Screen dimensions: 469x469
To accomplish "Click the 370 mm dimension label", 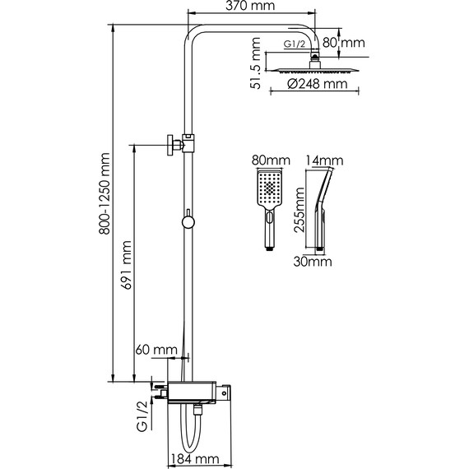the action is click(x=250, y=6).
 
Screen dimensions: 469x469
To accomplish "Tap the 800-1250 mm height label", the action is click(x=104, y=193).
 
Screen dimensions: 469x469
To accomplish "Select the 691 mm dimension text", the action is click(x=126, y=265).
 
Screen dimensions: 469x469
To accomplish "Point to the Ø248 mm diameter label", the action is click(x=318, y=84).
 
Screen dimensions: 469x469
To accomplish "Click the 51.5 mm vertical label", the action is click(x=255, y=63).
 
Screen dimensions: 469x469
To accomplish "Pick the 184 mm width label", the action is click(x=195, y=458).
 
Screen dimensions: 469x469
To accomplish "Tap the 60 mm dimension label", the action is click(x=156, y=350).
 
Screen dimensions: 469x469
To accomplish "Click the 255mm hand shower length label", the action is click(x=299, y=210).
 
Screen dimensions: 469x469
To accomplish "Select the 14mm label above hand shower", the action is click(x=324, y=160).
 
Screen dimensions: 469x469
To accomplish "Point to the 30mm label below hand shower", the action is click(x=313, y=262).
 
